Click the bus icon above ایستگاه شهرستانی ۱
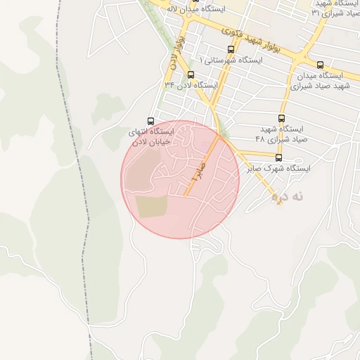(x=231, y=49)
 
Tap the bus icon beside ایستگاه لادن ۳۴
(x=191, y=75)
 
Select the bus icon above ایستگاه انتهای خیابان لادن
(x=150, y=121)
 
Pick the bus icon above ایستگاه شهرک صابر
(x=279, y=157)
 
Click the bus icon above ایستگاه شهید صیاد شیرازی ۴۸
(x=282, y=118)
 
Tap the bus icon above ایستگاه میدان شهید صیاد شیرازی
(x=321, y=64)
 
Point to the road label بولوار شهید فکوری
(x=250, y=39)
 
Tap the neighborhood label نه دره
(x=288, y=198)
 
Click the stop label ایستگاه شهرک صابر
(x=278, y=169)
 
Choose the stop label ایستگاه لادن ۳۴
(x=191, y=85)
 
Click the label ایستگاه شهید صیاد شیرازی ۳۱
(x=335, y=8)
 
